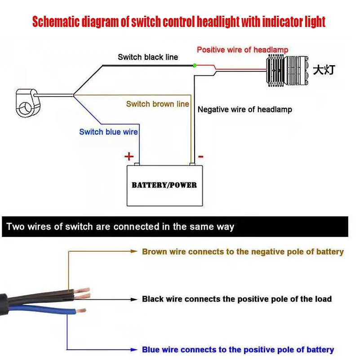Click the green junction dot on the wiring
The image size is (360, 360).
point(195,66)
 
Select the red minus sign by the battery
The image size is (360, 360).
point(200,156)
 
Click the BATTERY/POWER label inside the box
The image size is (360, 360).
point(164,185)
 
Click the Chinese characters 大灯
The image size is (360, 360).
point(324,70)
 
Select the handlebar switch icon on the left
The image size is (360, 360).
point(27,102)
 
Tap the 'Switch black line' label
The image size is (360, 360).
point(148,57)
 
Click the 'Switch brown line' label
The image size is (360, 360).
point(157,104)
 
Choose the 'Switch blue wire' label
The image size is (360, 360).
point(108,132)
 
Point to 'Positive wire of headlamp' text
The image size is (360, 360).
point(242,49)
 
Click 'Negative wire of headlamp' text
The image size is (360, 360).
point(245,109)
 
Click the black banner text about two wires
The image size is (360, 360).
point(120,227)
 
